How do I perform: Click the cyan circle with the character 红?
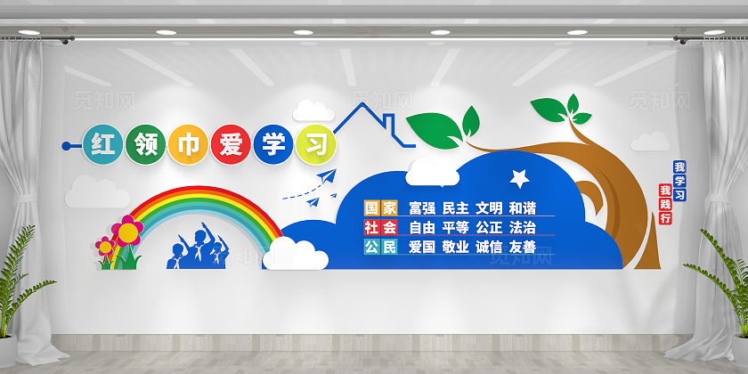[102, 144]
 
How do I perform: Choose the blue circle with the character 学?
[271, 144]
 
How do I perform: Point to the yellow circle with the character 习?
[312, 143]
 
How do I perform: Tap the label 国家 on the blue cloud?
[380, 207]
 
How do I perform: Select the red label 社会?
[380, 226]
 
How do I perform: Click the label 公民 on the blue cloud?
[380, 247]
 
